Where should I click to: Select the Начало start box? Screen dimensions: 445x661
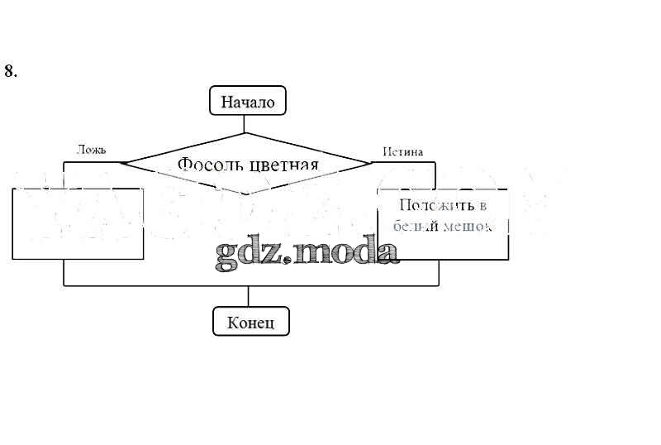pos(248,103)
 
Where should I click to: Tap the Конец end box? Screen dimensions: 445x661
pos(251,321)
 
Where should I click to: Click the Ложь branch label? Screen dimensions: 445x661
pos(91,151)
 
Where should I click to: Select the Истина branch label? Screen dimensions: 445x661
pos(403,151)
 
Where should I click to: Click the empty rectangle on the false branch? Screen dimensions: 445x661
pos(79,224)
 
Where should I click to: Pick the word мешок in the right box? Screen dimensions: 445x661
pos(469,226)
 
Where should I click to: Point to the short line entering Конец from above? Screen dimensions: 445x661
pos(248,297)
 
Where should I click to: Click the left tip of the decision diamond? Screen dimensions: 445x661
pos(121,163)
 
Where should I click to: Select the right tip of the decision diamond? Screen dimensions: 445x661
pos(371,163)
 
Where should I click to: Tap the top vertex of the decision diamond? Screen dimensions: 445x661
pos(245,133)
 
